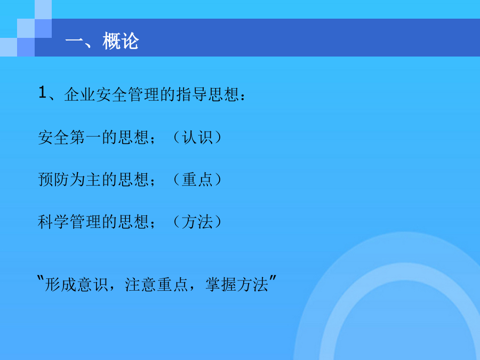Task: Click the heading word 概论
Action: point(121,41)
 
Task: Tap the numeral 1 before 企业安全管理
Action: point(42,92)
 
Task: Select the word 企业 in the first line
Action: point(80,94)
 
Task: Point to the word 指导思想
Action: point(207,94)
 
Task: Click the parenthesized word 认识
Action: point(197,137)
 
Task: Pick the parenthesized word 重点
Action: point(197,179)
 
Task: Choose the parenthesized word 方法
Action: point(197,222)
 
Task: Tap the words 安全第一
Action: point(69,137)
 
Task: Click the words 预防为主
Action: point(69,179)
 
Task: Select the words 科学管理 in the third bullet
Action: point(69,222)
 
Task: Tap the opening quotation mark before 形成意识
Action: point(41,279)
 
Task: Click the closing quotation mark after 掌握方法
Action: point(273,279)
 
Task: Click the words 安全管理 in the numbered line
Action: point(127,94)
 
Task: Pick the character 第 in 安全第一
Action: point(77,137)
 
